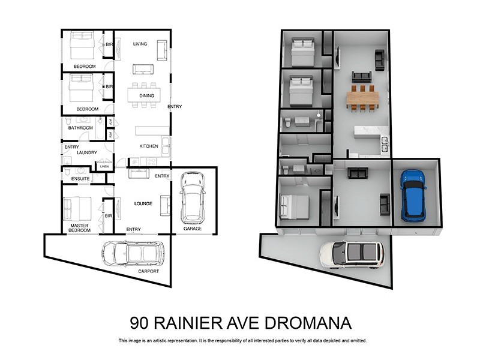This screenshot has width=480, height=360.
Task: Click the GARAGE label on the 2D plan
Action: tap(193, 229)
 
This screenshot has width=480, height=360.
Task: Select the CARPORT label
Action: tap(149, 271)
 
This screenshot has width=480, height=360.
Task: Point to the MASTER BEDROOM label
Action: tap(79, 229)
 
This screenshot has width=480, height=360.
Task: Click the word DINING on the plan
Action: tap(146, 96)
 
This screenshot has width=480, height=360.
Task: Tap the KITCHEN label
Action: tap(148, 146)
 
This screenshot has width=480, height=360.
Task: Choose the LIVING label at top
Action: tap(140, 44)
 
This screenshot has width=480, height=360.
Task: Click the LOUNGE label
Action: tap(143, 204)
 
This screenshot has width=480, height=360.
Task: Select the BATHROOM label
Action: tap(80, 128)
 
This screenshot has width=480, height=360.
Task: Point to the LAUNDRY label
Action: tap(86, 153)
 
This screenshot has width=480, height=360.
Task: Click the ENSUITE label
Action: tap(80, 179)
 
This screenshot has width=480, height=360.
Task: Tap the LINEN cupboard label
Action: tap(105, 166)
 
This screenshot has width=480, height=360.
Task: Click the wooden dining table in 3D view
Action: tap(362, 98)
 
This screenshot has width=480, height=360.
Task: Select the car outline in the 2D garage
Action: tap(193, 197)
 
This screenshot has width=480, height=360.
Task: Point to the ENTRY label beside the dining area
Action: tap(175, 107)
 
